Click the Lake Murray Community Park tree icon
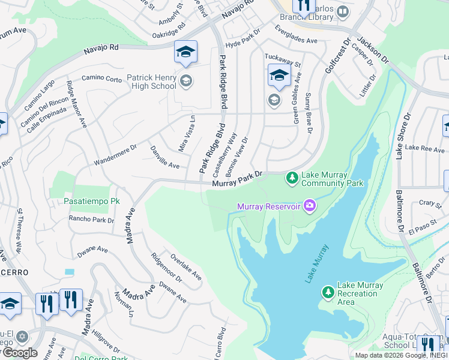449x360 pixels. [292, 178]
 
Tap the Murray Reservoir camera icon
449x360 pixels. [309, 206]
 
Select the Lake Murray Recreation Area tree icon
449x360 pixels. [328, 292]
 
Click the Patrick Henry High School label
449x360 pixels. [151, 82]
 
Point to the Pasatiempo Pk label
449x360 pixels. [89, 202]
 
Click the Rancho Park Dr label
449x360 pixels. [91, 220]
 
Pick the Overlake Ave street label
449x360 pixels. [185, 266]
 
